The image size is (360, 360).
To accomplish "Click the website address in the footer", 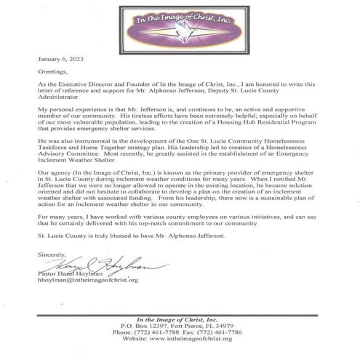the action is [x=180, y=339].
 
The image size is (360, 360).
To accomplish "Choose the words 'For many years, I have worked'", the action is [x=79, y=219].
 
